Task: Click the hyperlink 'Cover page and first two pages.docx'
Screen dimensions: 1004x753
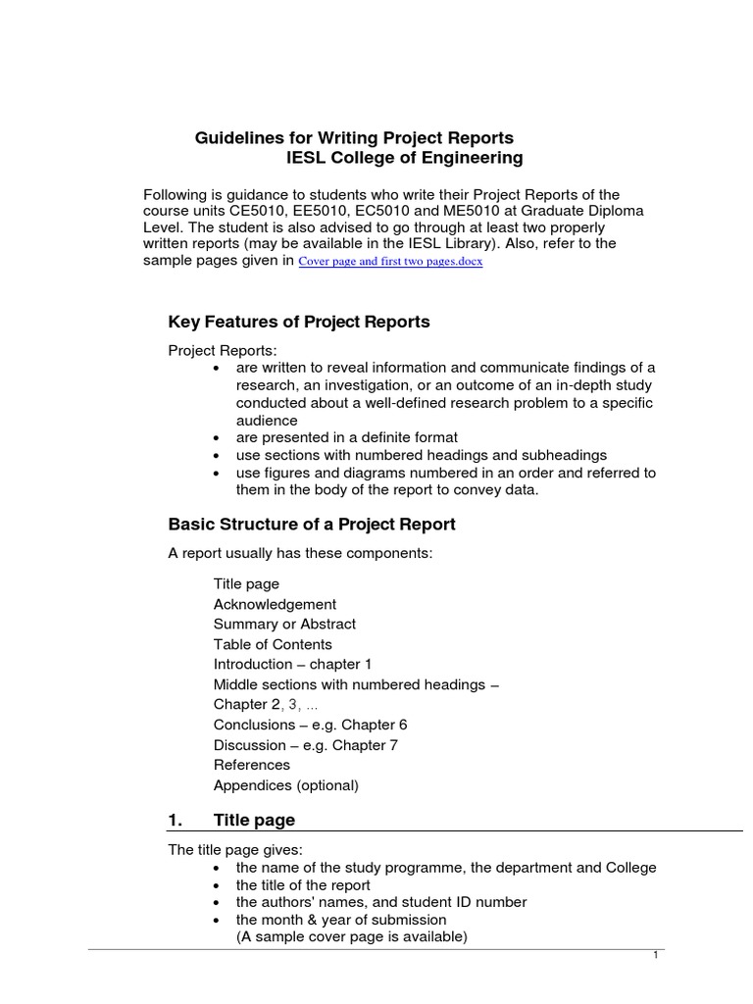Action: click(390, 263)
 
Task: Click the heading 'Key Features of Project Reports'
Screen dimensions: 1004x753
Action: click(299, 322)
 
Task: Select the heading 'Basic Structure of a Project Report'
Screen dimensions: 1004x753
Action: click(312, 524)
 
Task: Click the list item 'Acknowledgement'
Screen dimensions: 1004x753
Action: click(275, 604)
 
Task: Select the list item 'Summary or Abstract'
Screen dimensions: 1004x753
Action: click(284, 624)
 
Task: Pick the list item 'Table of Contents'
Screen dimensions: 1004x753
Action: click(273, 644)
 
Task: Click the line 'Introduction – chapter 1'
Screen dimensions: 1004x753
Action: click(293, 664)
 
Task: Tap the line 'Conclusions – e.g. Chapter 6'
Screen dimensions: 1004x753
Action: click(310, 725)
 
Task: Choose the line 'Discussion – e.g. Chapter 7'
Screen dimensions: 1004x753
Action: click(306, 745)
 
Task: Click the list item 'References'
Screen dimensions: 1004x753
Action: click(252, 765)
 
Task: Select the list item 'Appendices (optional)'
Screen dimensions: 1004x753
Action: click(286, 785)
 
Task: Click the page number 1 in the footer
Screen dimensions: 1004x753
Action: click(655, 956)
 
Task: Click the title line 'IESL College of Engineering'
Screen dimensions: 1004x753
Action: click(404, 158)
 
